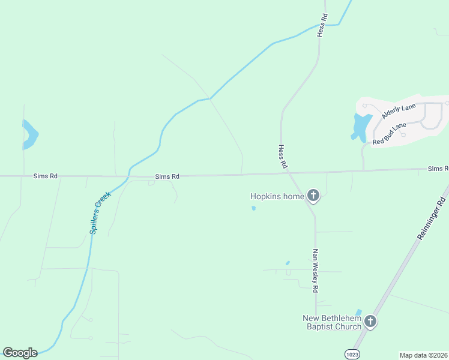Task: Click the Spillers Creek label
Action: (100, 212)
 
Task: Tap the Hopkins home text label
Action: (277, 196)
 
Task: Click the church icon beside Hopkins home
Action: (313, 195)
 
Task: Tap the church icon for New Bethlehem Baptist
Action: (370, 322)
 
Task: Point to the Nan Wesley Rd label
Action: (315, 271)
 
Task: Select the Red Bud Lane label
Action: (389, 134)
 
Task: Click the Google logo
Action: (20, 353)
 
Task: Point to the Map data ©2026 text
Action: (423, 355)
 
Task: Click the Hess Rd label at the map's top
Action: (322, 26)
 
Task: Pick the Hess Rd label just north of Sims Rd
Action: (282, 155)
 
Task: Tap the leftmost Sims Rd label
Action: (46, 176)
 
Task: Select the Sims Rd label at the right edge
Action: (438, 169)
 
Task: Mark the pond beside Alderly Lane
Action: (361, 126)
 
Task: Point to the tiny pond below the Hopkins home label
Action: (253, 208)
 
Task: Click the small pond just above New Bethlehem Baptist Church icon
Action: (359, 312)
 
